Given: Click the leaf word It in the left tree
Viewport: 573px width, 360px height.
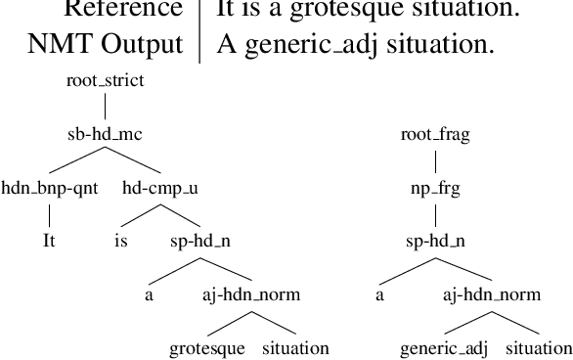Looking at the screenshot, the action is [x=48, y=239].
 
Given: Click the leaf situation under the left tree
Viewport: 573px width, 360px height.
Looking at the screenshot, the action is [x=295, y=348].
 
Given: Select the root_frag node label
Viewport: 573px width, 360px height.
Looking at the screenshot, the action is [x=435, y=136].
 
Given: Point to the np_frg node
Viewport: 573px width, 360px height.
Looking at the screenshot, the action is [x=435, y=188].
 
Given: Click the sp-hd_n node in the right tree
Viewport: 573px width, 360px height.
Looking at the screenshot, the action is [x=435, y=239].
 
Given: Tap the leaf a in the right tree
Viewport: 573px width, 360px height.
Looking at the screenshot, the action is [x=381, y=293].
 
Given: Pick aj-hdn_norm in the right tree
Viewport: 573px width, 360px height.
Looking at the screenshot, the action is [x=491, y=293].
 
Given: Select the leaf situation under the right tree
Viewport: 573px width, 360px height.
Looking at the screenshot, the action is [x=537, y=348].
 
